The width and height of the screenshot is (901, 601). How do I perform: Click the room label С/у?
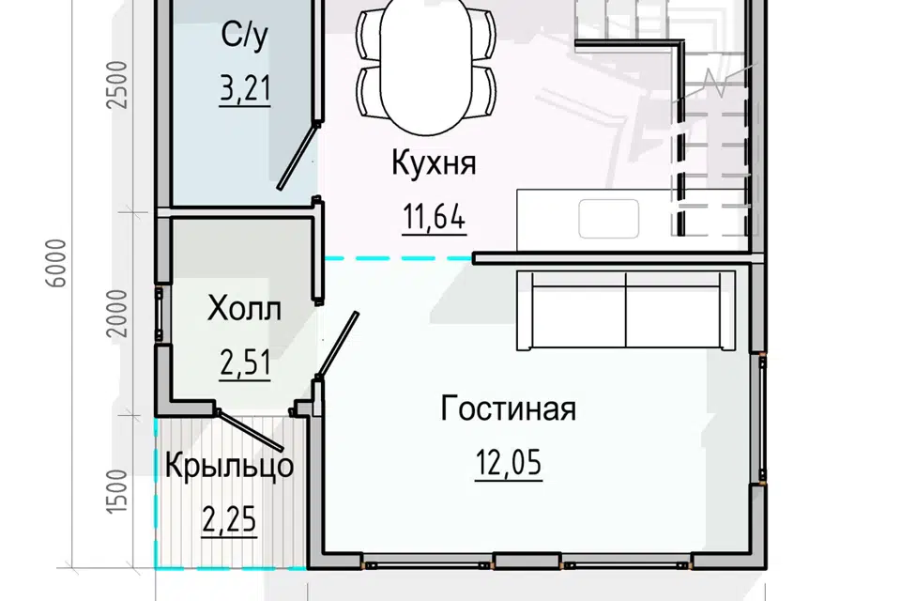coord(245,37)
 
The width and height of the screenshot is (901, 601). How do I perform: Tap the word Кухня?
coord(434,163)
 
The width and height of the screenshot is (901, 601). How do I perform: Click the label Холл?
coord(244,308)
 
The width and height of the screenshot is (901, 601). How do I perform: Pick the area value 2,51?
coord(245,362)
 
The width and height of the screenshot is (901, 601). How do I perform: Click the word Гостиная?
coord(508,409)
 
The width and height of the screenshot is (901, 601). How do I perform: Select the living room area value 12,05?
coord(508,464)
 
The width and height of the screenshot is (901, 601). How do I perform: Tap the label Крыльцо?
coord(229,465)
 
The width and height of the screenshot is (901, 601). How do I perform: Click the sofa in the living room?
coord(627,310)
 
